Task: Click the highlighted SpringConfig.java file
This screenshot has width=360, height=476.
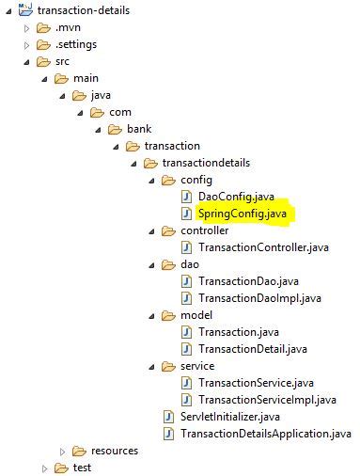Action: click(243, 214)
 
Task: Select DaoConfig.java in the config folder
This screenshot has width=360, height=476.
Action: click(236, 197)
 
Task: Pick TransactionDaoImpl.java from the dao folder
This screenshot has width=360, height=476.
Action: click(259, 298)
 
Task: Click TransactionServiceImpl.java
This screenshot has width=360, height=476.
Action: click(267, 400)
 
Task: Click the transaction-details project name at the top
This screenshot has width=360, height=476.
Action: click(84, 10)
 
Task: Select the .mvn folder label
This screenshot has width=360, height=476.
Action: click(68, 27)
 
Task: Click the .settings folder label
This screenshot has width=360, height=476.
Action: click(75, 44)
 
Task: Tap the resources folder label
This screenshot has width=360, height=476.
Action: click(114, 451)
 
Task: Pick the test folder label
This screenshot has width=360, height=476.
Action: click(82, 468)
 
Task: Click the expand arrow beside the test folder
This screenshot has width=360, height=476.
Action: click(44, 468)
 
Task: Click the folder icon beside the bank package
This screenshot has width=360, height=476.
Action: click(115, 129)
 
